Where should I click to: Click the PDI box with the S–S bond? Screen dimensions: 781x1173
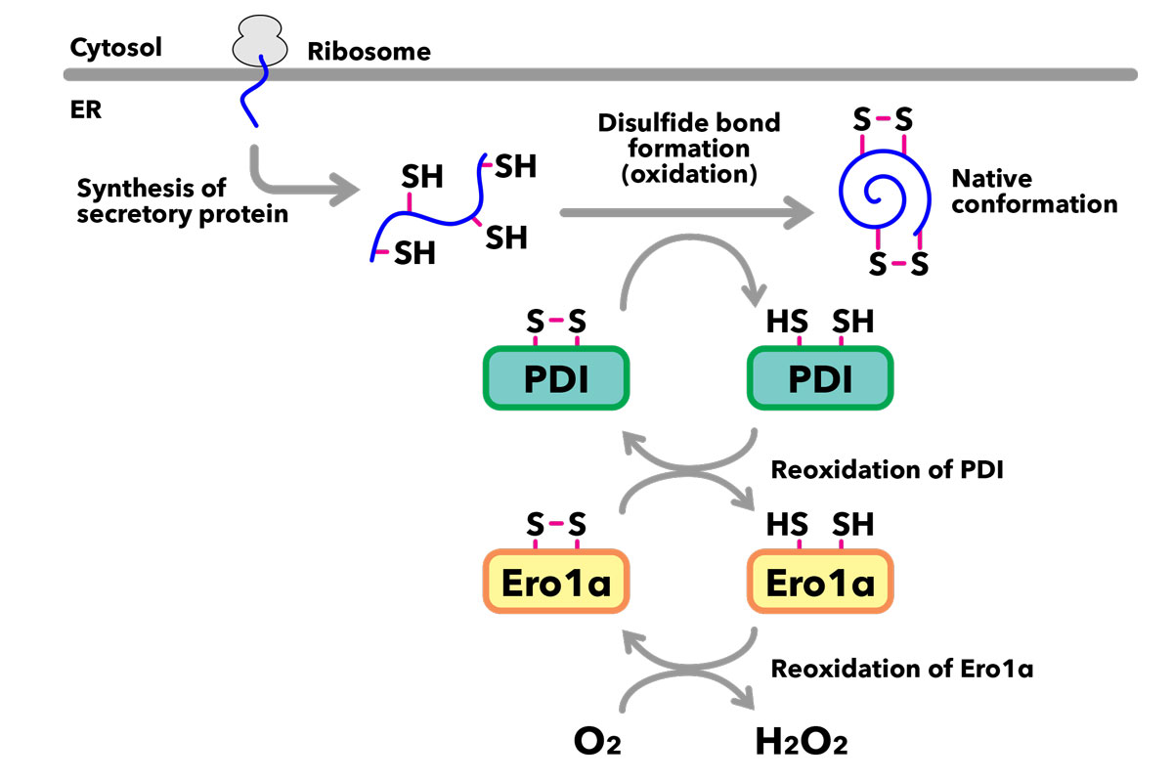[x=555, y=377]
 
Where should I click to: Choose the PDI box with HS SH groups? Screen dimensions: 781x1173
[x=819, y=377]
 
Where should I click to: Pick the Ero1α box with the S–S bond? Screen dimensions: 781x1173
[x=555, y=582]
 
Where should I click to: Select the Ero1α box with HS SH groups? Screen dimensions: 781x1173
[x=819, y=582]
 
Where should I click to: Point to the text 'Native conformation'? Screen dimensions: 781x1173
[x=1033, y=192]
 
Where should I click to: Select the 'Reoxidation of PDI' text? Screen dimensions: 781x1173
[x=888, y=469]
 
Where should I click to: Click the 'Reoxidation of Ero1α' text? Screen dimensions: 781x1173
[x=902, y=670]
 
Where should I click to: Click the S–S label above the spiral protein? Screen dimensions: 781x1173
[x=882, y=120]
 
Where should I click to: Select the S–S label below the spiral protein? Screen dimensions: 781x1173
[x=896, y=264]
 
